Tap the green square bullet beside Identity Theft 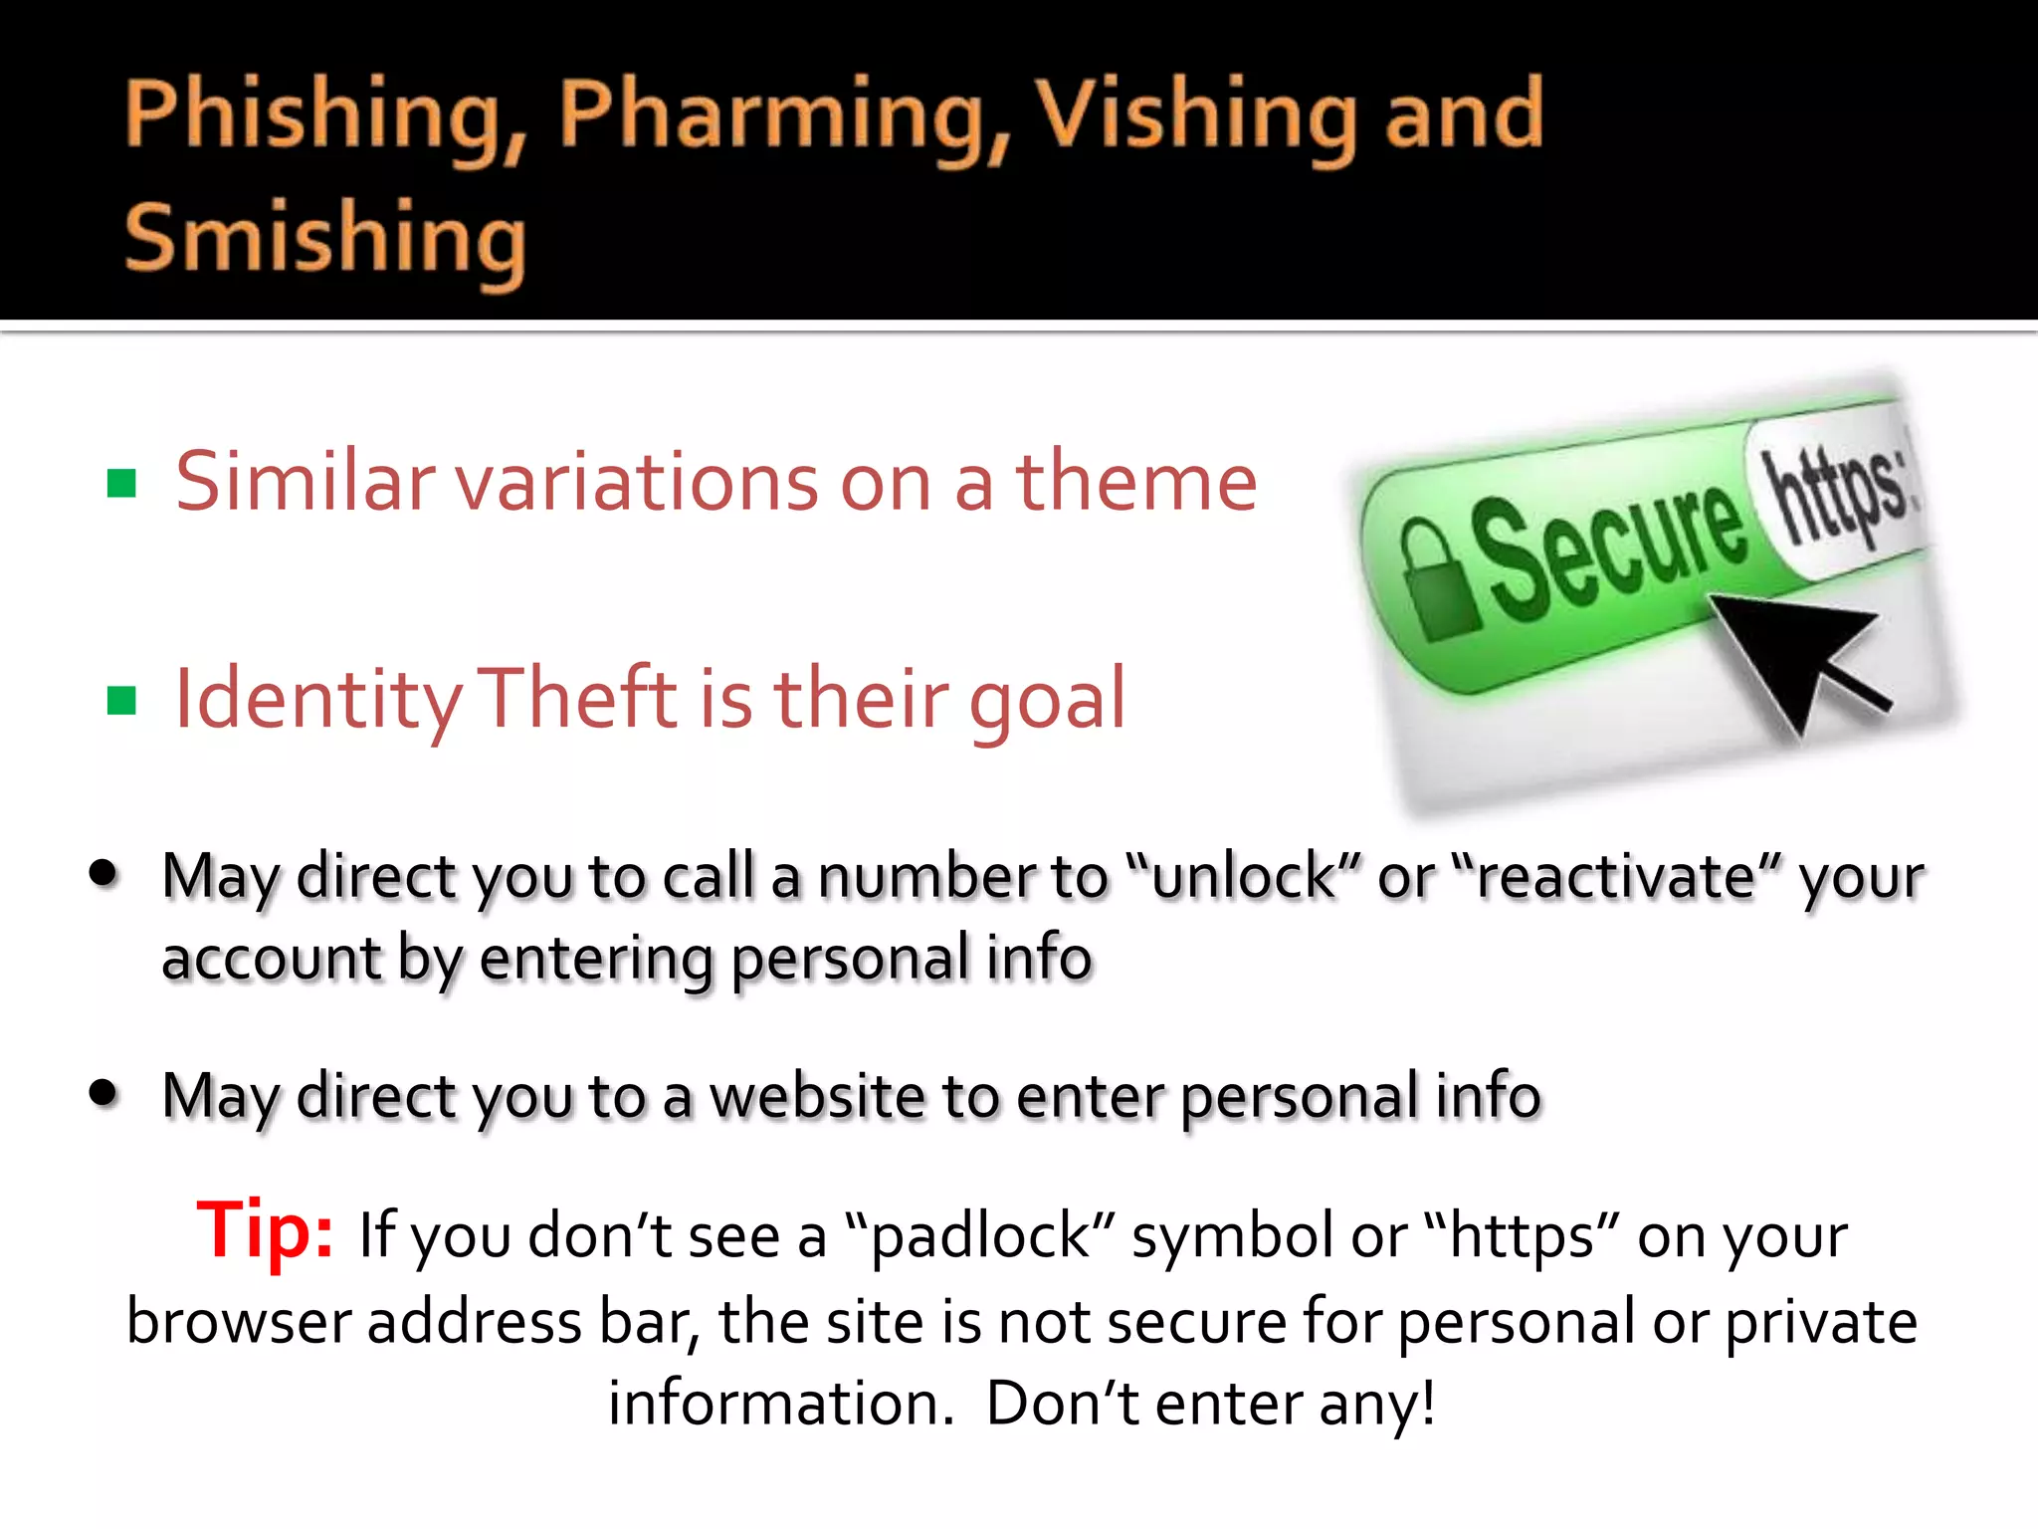(x=121, y=700)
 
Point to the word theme (x=1135, y=482)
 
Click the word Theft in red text (x=577, y=698)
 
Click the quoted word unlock (x=1244, y=877)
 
